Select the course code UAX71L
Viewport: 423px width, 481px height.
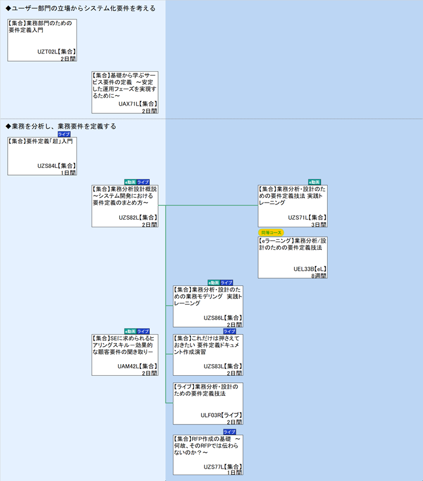[x=128, y=104]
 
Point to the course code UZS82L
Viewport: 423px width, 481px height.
[x=128, y=217]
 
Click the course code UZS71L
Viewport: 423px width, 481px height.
[x=297, y=217]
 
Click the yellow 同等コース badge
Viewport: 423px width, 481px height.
[x=271, y=233]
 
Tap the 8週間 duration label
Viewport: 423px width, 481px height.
[x=319, y=275]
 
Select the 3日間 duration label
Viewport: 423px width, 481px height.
[x=319, y=224]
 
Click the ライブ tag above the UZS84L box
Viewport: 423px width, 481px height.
[x=63, y=134]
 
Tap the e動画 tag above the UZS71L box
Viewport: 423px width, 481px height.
[x=314, y=182]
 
